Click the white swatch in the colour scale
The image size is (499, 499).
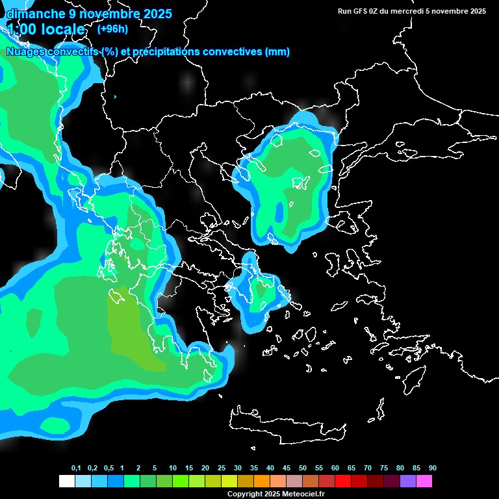click(x=66, y=481)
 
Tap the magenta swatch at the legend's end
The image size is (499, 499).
click(x=424, y=481)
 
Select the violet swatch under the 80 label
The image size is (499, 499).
click(x=408, y=481)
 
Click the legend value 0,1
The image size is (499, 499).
click(x=76, y=468)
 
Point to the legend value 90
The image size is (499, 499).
click(x=433, y=468)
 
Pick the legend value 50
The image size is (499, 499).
click(x=303, y=468)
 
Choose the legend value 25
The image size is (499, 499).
click(x=222, y=468)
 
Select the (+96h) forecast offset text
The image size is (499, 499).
click(x=112, y=29)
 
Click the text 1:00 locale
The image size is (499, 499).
click(x=45, y=29)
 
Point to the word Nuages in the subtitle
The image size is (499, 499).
click(x=25, y=52)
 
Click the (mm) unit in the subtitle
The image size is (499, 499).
click(x=277, y=52)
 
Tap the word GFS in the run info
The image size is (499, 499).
click(x=359, y=11)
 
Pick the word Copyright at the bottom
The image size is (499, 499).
click(x=244, y=494)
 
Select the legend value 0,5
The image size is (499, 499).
click(x=108, y=468)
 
